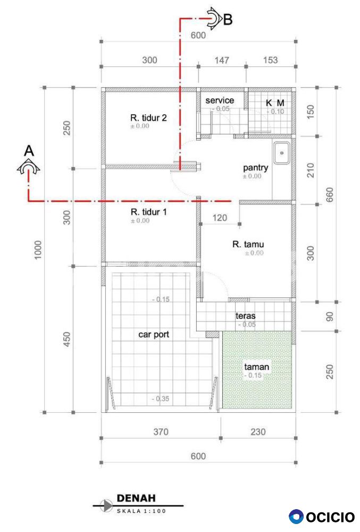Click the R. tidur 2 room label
point(148,118)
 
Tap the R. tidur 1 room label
point(149,212)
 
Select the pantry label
point(256,168)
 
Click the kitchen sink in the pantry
point(282,153)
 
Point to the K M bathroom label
point(275,103)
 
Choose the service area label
point(220,101)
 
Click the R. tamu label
point(248,244)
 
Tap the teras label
point(246,316)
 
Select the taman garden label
point(257,367)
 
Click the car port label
point(154,335)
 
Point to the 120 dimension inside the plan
point(220,218)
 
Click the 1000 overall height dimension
point(38,250)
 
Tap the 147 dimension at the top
point(222,61)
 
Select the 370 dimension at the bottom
point(161,431)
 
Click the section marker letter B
point(228,19)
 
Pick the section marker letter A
point(29,151)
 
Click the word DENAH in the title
point(136,498)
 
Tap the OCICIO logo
point(322,517)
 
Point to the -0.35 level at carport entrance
point(161,398)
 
